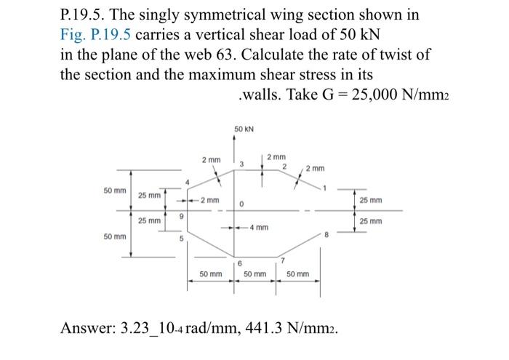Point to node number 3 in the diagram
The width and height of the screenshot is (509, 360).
(231, 165)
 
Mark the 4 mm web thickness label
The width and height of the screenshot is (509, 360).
(259, 227)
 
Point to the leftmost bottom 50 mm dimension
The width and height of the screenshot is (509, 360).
(211, 274)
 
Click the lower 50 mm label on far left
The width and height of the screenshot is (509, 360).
(114, 236)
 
